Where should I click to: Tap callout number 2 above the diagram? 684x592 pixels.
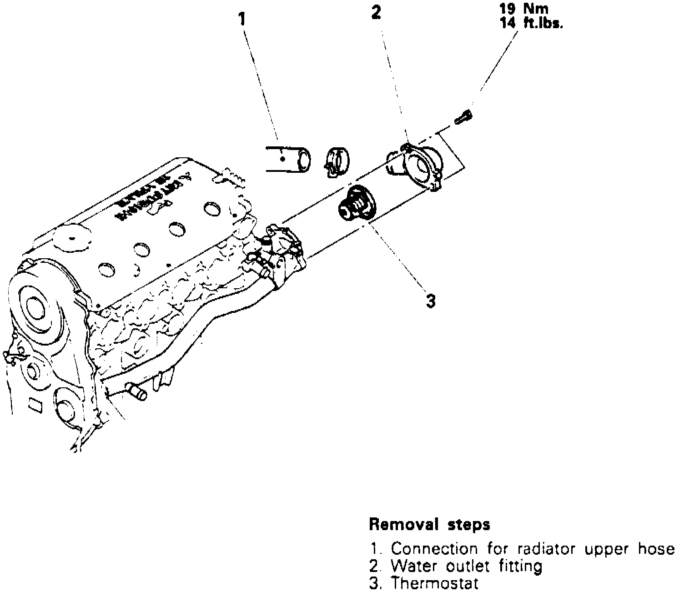376,13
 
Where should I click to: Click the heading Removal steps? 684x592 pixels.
429,525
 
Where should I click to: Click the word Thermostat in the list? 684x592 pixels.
435,583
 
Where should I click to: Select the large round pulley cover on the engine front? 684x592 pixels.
36,309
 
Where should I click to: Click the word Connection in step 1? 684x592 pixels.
434,549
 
